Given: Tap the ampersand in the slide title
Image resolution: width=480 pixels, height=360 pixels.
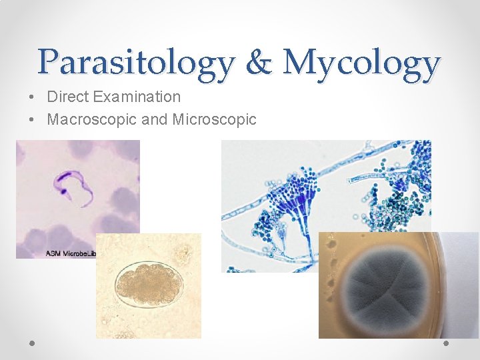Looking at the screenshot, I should tap(259, 63).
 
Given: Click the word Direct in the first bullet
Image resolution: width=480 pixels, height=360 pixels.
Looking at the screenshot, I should tap(68, 97).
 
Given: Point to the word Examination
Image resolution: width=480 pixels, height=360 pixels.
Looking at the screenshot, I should tap(137, 97).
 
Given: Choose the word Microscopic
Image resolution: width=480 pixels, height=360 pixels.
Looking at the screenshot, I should tap(214, 120).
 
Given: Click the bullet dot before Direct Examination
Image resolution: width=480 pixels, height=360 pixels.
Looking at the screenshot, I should tap(32, 97).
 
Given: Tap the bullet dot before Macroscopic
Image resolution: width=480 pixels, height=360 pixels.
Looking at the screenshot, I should tap(32, 121).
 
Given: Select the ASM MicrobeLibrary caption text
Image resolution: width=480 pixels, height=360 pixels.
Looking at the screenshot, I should tap(71, 253).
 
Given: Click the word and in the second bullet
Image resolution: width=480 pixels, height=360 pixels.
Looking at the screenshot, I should tap(155, 120).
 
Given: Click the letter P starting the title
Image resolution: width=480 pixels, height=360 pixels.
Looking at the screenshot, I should tap(49, 63).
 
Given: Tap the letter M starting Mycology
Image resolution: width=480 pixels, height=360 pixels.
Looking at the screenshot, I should tap(297, 63).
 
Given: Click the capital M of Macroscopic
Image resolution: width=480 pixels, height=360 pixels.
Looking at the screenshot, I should tap(53, 120).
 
